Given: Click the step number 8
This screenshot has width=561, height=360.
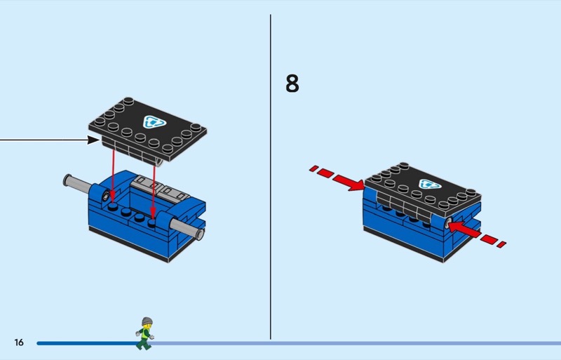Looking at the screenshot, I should (292, 84).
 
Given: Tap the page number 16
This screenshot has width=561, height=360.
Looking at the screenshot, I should (18, 342).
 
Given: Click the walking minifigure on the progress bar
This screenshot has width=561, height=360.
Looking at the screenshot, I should (145, 333).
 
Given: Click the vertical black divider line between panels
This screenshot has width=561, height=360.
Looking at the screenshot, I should (271, 175).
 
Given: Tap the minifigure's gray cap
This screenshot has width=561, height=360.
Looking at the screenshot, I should (146, 321).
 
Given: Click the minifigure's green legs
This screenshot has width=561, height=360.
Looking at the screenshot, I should (144, 342).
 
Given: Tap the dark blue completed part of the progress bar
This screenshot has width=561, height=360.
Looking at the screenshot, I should (84, 343).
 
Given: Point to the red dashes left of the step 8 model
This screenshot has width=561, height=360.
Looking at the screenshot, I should (320, 171).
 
